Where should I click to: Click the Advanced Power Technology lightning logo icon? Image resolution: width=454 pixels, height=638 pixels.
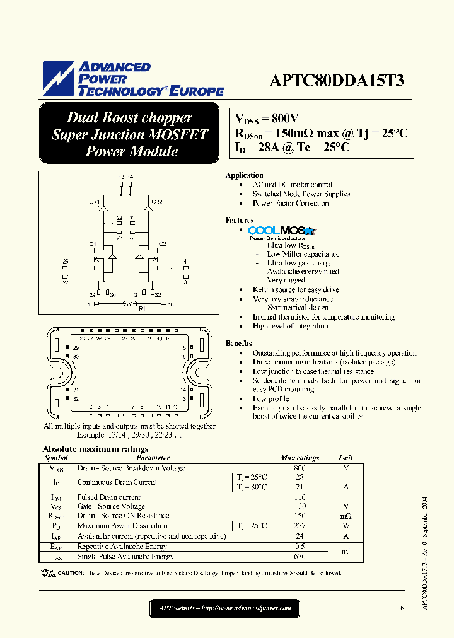[x=58, y=78]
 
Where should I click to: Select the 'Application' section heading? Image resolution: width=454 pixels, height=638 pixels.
[x=245, y=175]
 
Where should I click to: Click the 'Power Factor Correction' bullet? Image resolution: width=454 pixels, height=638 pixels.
[x=291, y=203]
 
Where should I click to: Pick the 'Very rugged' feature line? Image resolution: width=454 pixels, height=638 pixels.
[x=286, y=280]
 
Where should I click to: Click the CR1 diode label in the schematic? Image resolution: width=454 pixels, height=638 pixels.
[x=94, y=202]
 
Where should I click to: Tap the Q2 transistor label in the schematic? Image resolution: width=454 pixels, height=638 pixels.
[x=162, y=243]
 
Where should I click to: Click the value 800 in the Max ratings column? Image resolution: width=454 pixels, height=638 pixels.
[x=300, y=468]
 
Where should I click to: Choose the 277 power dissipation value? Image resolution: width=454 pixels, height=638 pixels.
[x=300, y=525]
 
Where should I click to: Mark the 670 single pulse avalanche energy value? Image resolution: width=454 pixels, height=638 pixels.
[x=300, y=557]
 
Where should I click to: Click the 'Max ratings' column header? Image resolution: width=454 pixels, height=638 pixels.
[x=300, y=458]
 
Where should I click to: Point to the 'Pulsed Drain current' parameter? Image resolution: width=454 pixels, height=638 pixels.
[x=110, y=497]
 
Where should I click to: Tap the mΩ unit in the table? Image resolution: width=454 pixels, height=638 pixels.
[x=346, y=516]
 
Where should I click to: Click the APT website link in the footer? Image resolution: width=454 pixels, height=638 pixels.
[x=224, y=608]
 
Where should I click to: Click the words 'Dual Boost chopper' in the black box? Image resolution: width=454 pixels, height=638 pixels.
[x=129, y=118]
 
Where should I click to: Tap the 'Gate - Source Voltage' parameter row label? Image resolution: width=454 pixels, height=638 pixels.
[x=111, y=506]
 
